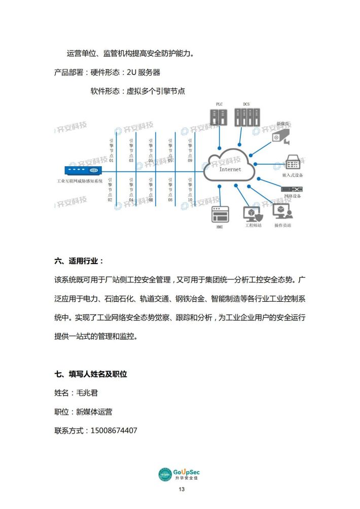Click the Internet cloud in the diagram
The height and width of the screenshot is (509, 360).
coord(230,167)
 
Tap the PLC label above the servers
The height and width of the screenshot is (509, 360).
coord(219,104)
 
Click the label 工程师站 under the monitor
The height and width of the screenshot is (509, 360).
coord(253,225)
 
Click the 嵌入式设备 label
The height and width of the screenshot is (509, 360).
coord(293,175)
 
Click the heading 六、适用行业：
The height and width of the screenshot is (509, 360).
coord(79,262)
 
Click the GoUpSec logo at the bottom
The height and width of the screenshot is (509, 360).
coord(179,474)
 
